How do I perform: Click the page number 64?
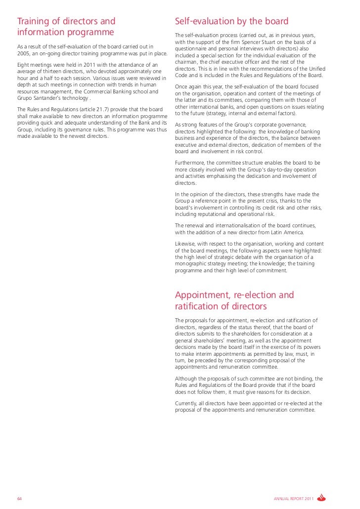tap(19, 498)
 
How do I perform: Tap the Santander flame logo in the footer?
tap(322, 497)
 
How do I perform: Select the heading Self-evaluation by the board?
tap(231, 21)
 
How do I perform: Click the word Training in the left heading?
tap(34, 21)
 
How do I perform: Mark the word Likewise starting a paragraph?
tap(187, 244)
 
